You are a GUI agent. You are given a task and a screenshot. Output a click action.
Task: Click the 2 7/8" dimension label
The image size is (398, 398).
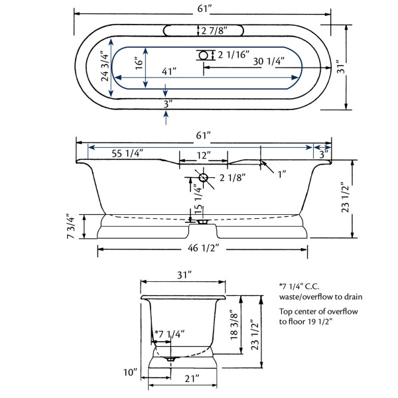point(214,31)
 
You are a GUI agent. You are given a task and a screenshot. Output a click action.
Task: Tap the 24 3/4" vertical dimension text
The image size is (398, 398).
point(105,68)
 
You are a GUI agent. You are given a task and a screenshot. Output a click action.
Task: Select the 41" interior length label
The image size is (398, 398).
point(169,72)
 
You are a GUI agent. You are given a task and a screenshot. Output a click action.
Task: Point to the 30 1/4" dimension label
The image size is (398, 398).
point(269,61)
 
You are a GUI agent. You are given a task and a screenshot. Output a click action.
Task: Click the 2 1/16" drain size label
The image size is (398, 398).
point(233,54)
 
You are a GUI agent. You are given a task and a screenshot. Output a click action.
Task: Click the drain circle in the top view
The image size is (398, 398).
point(204,55)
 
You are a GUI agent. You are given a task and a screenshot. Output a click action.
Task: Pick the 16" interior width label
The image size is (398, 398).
point(139,63)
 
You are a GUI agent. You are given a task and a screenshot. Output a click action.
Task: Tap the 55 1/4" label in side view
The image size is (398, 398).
point(127,153)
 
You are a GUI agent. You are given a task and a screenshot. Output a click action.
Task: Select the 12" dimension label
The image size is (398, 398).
point(204,155)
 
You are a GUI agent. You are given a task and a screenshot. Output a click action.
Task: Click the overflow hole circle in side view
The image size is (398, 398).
point(203,177)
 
